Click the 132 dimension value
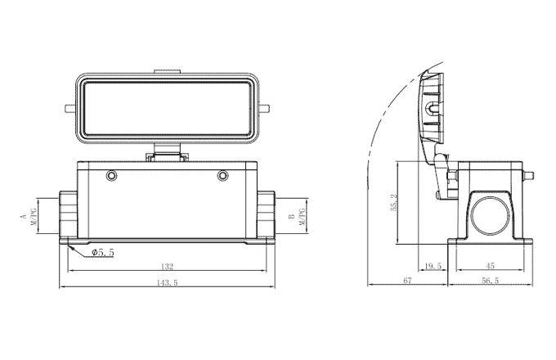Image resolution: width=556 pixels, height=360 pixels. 166,267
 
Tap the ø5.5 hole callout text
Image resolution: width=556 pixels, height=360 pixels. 102,253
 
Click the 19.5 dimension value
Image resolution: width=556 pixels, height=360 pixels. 433,266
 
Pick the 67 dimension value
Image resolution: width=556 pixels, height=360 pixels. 406,281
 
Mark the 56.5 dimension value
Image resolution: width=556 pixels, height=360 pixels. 490,281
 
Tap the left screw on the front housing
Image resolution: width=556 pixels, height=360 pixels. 111,176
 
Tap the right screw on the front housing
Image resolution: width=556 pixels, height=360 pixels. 222,176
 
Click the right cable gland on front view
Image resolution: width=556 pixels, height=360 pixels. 266,216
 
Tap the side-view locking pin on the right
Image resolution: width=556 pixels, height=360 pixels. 529,174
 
